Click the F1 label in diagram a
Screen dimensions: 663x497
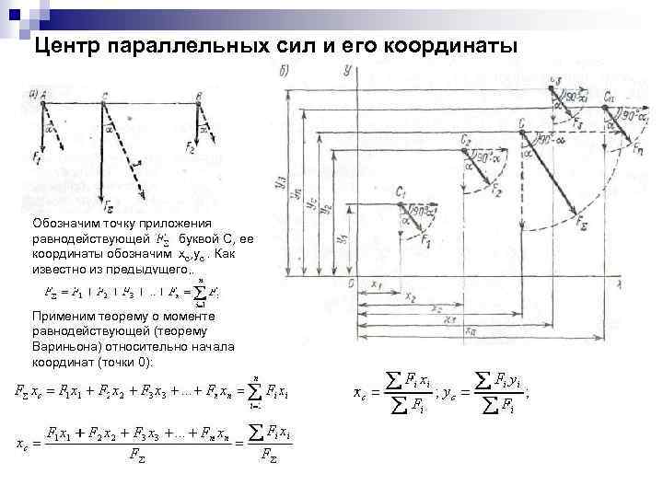(38, 158)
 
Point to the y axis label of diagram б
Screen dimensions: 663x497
(343, 71)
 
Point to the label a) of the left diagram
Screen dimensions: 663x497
(33, 93)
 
